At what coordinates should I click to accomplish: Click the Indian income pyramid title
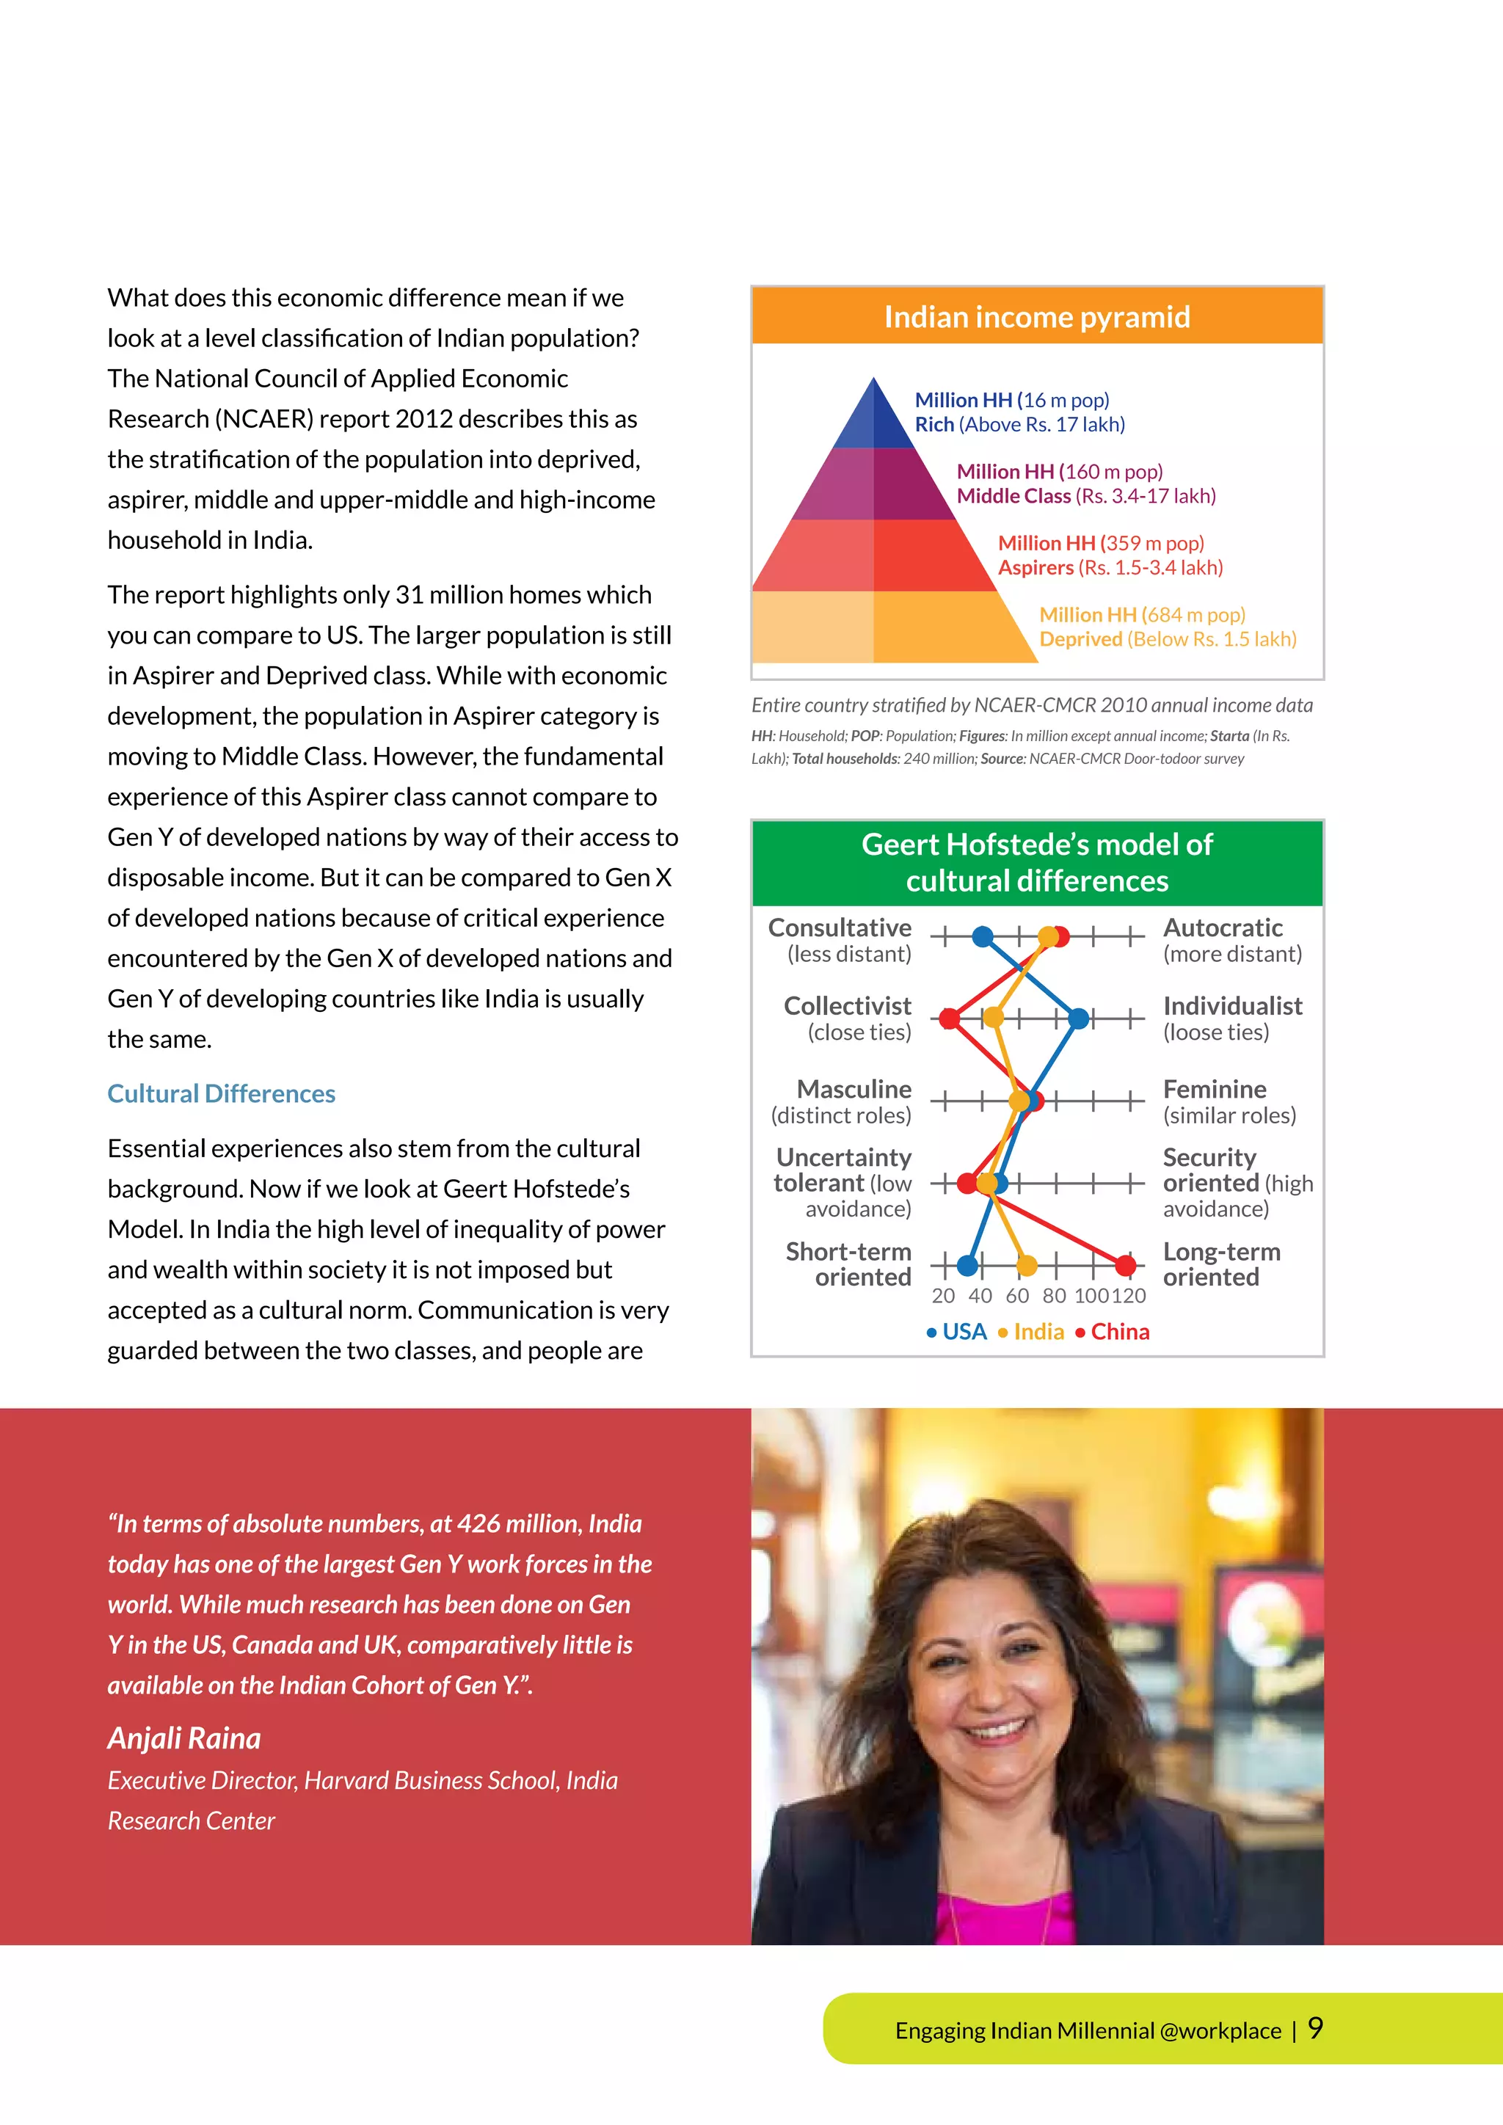pyautogui.click(x=1036, y=318)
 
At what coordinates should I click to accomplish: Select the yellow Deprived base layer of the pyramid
pyautogui.click(x=889, y=627)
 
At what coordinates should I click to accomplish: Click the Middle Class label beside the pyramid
pyautogui.click(x=1013, y=496)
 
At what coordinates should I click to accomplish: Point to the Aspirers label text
pyautogui.click(x=1036, y=567)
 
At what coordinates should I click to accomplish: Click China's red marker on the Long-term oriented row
pyautogui.click(x=1124, y=1264)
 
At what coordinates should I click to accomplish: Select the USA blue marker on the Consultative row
pyautogui.click(x=983, y=936)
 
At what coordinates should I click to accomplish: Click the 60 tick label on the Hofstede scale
pyautogui.click(x=1017, y=1296)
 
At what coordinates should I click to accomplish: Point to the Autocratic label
pyautogui.click(x=1222, y=927)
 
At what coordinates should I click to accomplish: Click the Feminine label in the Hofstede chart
pyautogui.click(x=1215, y=1090)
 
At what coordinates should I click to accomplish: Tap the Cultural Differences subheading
pyautogui.click(x=221, y=1093)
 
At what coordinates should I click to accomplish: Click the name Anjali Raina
pyautogui.click(x=184, y=1738)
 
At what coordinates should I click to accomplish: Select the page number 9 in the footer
pyautogui.click(x=1315, y=2029)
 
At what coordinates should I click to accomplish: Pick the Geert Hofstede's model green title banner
pyautogui.click(x=1036, y=863)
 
